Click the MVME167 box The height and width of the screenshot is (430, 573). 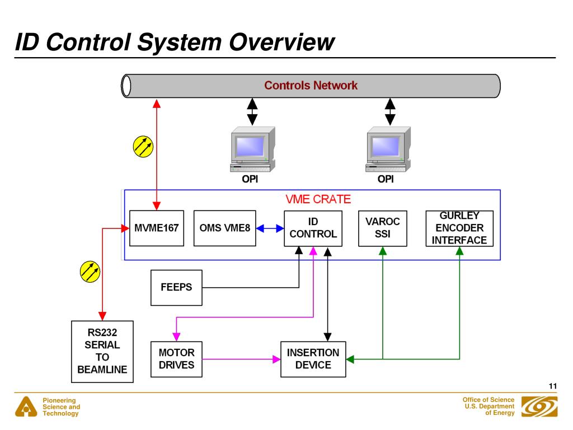tap(157, 228)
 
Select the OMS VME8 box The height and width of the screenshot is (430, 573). tap(225, 228)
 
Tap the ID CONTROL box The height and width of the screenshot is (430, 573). tap(313, 228)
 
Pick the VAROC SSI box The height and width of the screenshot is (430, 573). tap(383, 228)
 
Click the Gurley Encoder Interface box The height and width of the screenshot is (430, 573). tap(459, 228)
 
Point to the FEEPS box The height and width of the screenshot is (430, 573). tap(176, 288)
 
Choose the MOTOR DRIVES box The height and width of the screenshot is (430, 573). tap(176, 359)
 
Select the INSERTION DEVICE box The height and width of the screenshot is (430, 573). tap(313, 359)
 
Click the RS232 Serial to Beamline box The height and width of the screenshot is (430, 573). tap(102, 352)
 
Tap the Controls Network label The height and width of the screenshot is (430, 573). tap(311, 86)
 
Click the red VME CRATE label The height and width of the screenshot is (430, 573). tap(318, 199)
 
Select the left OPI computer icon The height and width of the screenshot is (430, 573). tap(252, 149)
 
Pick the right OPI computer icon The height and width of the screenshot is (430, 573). tap(388, 149)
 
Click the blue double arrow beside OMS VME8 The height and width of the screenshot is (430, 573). tap(270, 228)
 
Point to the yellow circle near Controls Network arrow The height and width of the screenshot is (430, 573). tap(143, 147)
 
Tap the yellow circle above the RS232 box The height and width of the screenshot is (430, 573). tap(90, 272)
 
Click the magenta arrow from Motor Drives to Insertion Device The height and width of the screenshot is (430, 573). tap(241, 359)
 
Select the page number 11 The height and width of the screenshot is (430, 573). tap(552, 386)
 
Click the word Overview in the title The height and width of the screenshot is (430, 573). tap(281, 42)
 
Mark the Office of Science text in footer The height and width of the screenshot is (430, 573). tap(488, 400)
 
